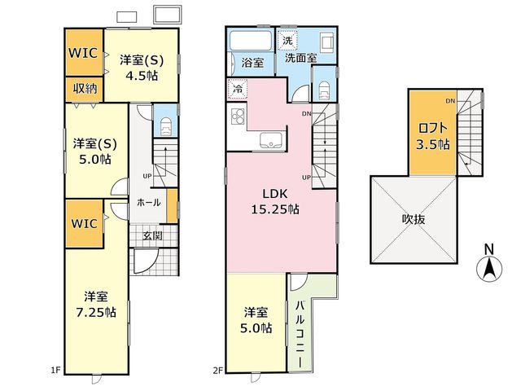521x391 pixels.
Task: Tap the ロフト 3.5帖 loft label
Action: pyautogui.click(x=433, y=136)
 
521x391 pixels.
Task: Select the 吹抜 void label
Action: pyautogui.click(x=414, y=219)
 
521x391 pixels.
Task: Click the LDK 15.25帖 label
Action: pyautogui.click(x=275, y=201)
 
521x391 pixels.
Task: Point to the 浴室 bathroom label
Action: pyautogui.click(x=252, y=63)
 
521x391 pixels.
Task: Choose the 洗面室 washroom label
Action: pyautogui.click(x=300, y=58)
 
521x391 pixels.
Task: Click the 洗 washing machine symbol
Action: pyautogui.click(x=287, y=40)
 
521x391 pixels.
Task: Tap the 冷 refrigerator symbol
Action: pyautogui.click(x=238, y=89)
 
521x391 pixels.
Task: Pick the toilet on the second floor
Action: pyautogui.click(x=324, y=90)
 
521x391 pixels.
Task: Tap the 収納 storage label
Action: pyautogui.click(x=85, y=89)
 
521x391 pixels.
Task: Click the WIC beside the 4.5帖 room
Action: pyautogui.click(x=83, y=52)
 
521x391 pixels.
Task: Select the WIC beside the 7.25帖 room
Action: pyautogui.click(x=84, y=223)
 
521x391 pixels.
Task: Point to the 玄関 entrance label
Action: pyautogui.click(x=152, y=235)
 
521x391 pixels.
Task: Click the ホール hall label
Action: pyautogui.click(x=148, y=202)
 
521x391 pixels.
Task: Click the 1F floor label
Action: pyautogui.click(x=55, y=370)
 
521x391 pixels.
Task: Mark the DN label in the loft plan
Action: pyautogui.click(x=450, y=101)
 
